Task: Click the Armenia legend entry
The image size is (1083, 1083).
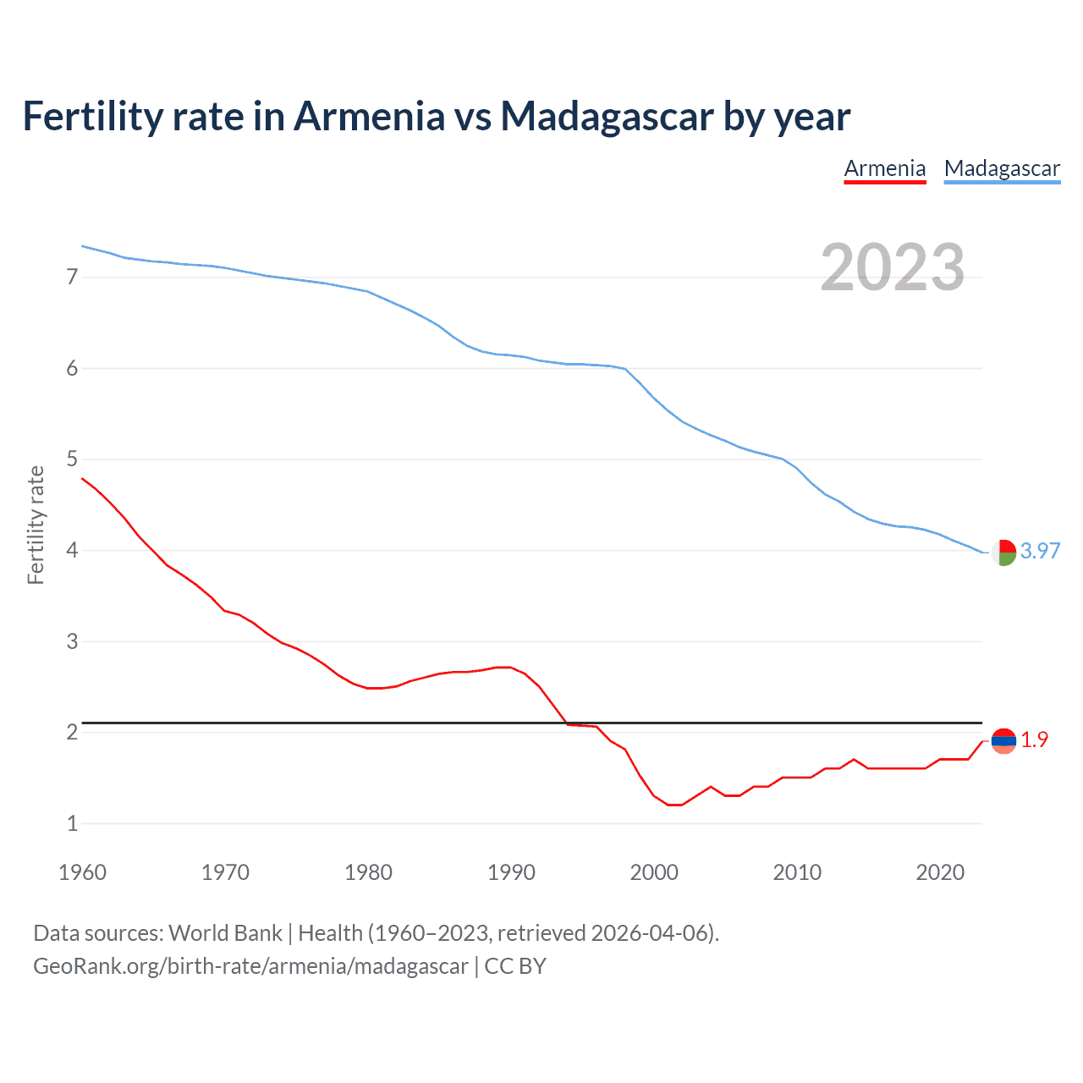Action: pyautogui.click(x=885, y=168)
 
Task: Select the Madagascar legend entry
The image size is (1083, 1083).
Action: pyautogui.click(x=1002, y=168)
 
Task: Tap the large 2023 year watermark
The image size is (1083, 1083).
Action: pyautogui.click(x=893, y=267)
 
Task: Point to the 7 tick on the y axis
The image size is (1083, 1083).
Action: pyautogui.click(x=73, y=277)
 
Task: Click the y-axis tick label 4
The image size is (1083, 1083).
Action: pyautogui.click(x=73, y=550)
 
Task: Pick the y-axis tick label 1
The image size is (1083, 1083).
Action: pyautogui.click(x=73, y=823)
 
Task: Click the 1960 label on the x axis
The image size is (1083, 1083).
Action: pyautogui.click(x=82, y=872)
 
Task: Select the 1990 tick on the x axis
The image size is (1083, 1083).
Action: pyautogui.click(x=511, y=872)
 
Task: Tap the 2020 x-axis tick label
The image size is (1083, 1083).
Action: pyautogui.click(x=940, y=872)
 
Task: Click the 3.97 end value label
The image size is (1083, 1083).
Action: pyautogui.click(x=1040, y=551)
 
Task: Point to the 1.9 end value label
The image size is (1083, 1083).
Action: pyautogui.click(x=1034, y=739)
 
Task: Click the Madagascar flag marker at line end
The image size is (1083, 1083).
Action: pyautogui.click(x=1003, y=552)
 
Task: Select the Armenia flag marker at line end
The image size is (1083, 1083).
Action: pyautogui.click(x=1003, y=740)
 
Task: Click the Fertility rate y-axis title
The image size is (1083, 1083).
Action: pyautogui.click(x=36, y=525)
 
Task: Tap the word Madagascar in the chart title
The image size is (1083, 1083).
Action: pyautogui.click(x=607, y=116)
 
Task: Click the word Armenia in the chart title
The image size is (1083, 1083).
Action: pyautogui.click(x=369, y=116)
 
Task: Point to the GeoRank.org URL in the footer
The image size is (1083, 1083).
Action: pyautogui.click(x=250, y=966)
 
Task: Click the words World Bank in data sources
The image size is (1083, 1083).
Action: pyautogui.click(x=225, y=933)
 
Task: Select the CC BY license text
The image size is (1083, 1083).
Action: pyautogui.click(x=515, y=966)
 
